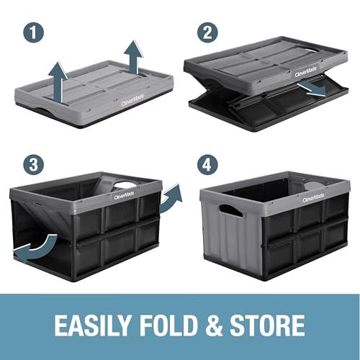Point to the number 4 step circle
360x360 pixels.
coord(208,164)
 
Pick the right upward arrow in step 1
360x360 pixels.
coord(132,55)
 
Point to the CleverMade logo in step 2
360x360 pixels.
coord(304,72)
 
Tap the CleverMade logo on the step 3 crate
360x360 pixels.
coord(124,194)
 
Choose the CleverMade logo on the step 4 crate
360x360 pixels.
coord(313,197)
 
